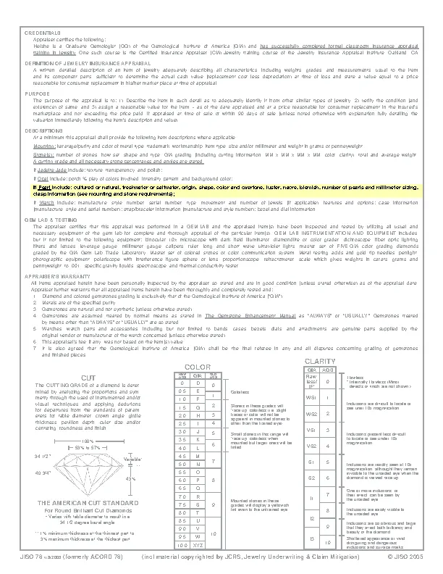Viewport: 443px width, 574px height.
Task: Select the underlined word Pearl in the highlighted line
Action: click(x=45, y=186)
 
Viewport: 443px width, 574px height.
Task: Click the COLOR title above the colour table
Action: click(x=198, y=367)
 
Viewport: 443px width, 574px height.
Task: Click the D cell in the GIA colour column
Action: click(x=197, y=382)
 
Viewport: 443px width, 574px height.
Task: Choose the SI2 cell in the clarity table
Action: click(x=311, y=478)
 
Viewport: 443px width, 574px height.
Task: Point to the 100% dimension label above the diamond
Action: click(x=86, y=441)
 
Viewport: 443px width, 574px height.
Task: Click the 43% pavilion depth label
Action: click(x=130, y=479)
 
